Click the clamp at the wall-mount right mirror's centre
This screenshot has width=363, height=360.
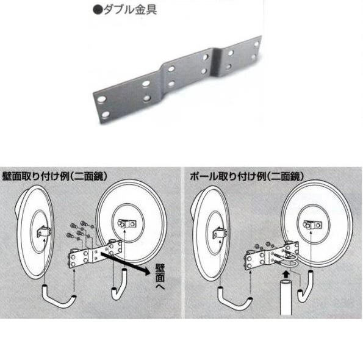[x=126, y=225]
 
